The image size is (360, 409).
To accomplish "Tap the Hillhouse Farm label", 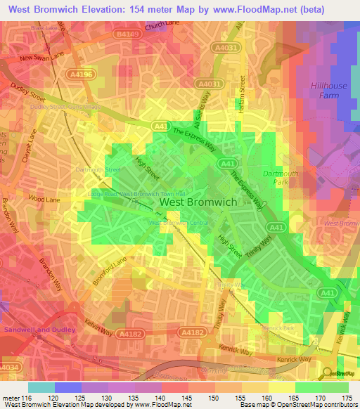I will [328, 91].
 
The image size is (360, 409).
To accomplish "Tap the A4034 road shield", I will [8, 368].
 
